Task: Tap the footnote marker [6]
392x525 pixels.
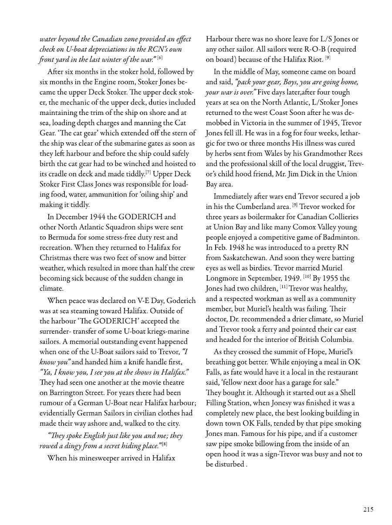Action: pos(160,58)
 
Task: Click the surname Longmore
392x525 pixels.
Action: pos(224,278)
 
